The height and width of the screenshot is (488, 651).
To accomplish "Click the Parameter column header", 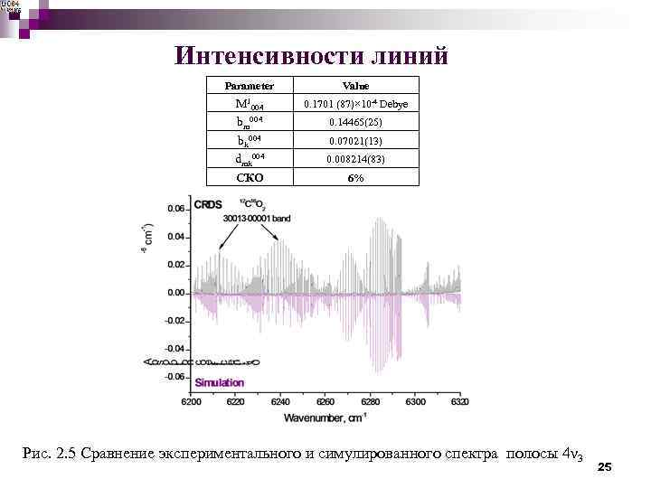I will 250,86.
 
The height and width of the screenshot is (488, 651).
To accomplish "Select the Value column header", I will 355,86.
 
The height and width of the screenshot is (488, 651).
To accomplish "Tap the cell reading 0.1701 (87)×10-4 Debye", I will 355,104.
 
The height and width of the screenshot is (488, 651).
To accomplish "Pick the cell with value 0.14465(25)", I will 355,122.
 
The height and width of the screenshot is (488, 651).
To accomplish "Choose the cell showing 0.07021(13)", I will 355,141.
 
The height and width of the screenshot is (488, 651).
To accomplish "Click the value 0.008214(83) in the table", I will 355,159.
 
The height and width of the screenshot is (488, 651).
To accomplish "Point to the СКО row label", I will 250,178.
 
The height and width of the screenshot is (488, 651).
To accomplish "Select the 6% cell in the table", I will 355,178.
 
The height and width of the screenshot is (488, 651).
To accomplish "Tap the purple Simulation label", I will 219,382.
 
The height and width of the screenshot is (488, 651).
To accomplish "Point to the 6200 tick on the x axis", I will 192,400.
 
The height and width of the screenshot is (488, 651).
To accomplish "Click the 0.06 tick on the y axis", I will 176,209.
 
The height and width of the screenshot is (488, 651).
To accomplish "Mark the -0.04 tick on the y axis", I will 175,349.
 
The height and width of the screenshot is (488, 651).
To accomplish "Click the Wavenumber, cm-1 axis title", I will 325,418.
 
